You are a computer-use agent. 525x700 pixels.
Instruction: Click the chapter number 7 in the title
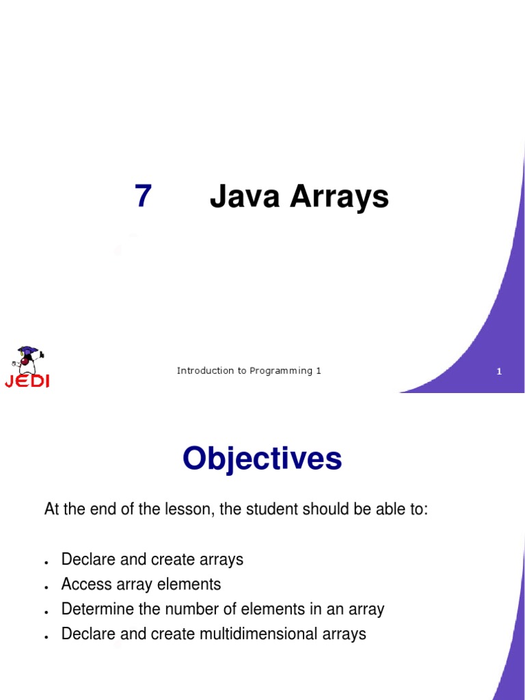pyautogui.click(x=142, y=197)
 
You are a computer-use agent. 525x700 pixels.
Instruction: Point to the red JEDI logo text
pyautogui.click(x=27, y=381)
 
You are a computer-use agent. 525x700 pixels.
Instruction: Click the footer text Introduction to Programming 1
pyautogui.click(x=249, y=371)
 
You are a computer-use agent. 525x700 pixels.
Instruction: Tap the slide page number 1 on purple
pyautogui.click(x=499, y=372)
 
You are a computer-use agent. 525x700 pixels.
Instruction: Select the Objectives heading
pyautogui.click(x=262, y=459)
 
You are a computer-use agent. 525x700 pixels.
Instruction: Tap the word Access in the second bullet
pyautogui.click(x=84, y=584)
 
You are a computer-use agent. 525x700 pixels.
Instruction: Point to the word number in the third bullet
pyautogui.click(x=192, y=609)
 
